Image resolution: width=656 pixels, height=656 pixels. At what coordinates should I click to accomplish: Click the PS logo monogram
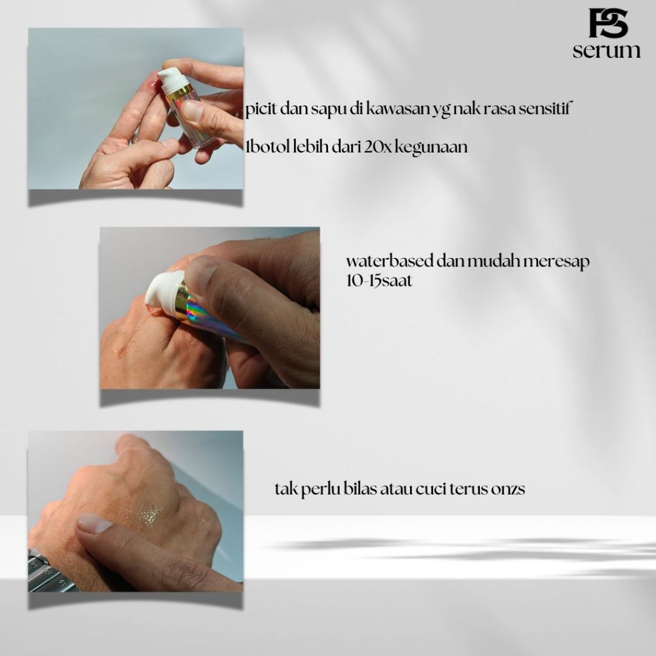click(608, 23)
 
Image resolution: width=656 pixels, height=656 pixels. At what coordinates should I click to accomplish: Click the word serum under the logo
click(607, 51)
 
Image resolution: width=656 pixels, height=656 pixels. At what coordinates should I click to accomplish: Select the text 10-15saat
click(379, 281)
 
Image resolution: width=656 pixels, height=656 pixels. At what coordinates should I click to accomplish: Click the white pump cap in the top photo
click(172, 79)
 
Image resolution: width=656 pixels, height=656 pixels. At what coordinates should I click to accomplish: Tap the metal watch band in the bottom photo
click(47, 573)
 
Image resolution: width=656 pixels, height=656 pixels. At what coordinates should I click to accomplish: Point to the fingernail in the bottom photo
click(95, 523)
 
